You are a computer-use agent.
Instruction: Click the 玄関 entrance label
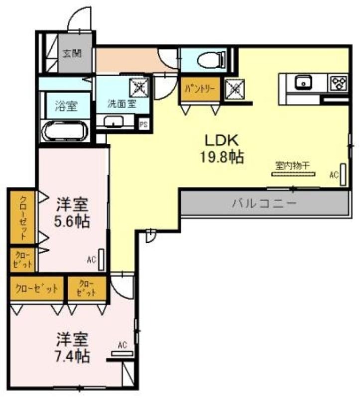click(72, 54)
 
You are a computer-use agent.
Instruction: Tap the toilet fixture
click(211, 60)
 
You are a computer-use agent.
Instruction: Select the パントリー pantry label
click(200, 89)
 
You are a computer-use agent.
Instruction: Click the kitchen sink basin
click(303, 82)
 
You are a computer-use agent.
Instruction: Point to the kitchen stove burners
click(338, 83)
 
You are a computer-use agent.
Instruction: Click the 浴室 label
click(66, 106)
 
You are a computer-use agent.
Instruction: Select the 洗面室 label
click(121, 103)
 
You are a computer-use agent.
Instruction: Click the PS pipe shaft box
click(143, 125)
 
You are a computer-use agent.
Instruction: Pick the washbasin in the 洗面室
click(114, 121)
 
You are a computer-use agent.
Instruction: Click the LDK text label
click(222, 140)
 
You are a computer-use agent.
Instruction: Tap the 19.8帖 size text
click(222, 157)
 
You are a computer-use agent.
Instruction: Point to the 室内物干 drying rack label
click(293, 166)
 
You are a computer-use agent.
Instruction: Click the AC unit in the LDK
click(343, 175)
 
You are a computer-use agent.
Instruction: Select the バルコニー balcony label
click(264, 203)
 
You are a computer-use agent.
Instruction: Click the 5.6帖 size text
click(72, 221)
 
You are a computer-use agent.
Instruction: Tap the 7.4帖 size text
click(72, 356)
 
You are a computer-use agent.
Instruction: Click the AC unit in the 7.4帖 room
click(122, 354)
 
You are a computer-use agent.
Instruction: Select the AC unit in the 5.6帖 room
click(101, 259)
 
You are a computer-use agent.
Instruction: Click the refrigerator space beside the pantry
click(235, 89)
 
